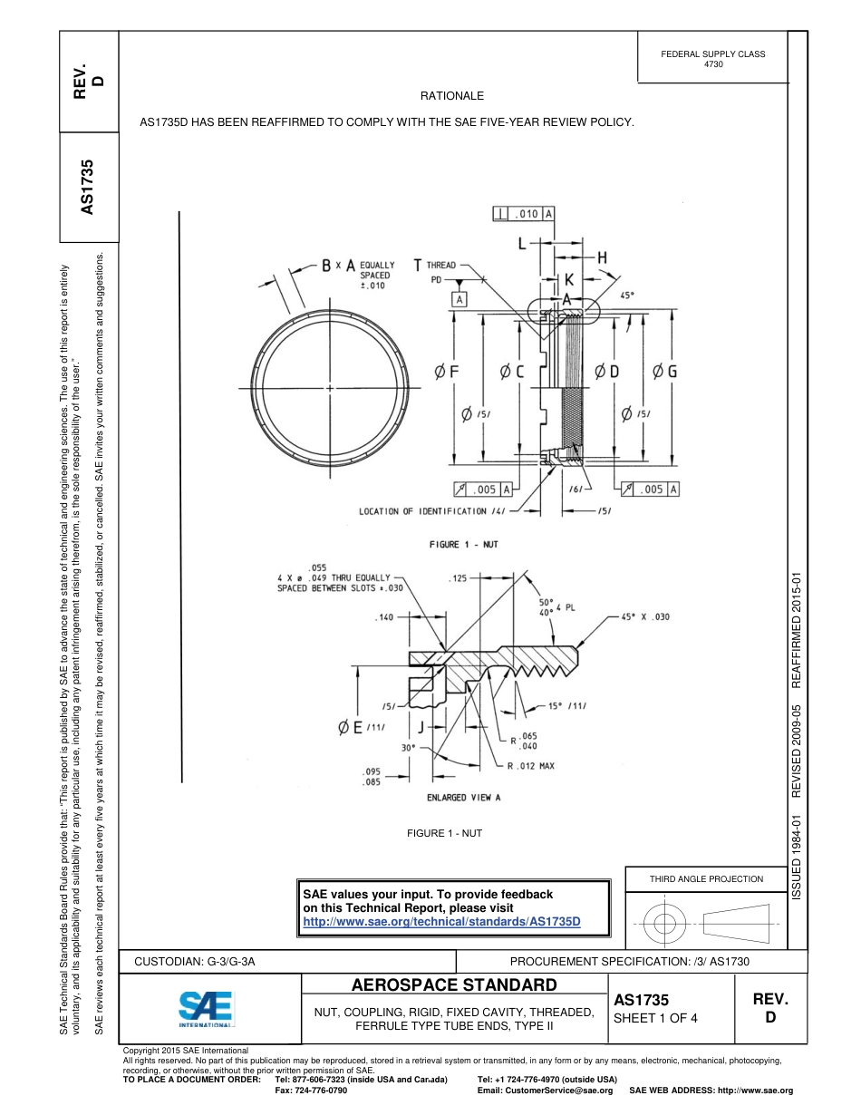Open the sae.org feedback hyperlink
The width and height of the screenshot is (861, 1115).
(x=440, y=921)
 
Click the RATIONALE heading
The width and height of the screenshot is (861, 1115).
(x=452, y=95)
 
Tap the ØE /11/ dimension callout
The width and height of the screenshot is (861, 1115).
(x=363, y=727)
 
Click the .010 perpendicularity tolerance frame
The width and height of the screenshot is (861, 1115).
(x=524, y=214)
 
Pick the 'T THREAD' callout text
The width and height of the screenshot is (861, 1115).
(x=435, y=266)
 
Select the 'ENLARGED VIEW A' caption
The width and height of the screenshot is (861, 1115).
(x=463, y=798)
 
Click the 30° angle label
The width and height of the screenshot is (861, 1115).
(x=409, y=748)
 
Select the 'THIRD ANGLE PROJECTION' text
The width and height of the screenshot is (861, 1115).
(x=706, y=878)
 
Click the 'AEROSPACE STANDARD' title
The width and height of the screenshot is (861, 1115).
(x=454, y=985)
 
